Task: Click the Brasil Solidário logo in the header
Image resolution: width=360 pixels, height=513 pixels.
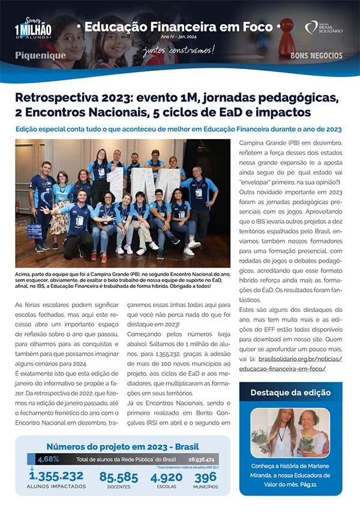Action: click(324, 27)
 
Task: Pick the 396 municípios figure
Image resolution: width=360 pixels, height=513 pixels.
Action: click(205, 478)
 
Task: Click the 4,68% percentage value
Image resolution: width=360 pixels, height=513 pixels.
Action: click(47, 460)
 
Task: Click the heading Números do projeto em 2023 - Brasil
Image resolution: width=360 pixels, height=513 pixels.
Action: click(122, 446)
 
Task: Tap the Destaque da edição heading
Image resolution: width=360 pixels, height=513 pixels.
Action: click(290, 392)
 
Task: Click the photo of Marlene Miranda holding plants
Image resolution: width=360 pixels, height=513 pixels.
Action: click(290, 432)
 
